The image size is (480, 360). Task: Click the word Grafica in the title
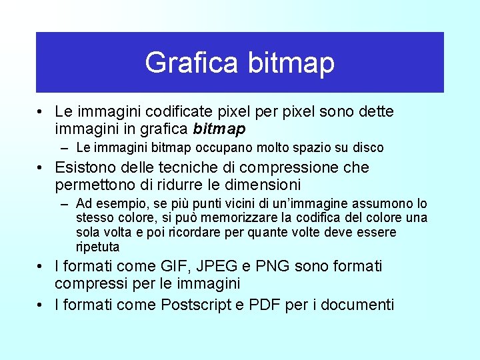pos(191,63)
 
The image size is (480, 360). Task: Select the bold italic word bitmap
pos(219,128)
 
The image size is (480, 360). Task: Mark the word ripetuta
pos(97,247)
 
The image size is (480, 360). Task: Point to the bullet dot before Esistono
pos(41,167)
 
